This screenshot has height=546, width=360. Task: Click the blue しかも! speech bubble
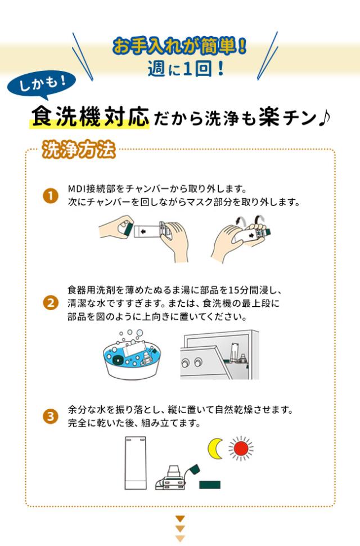[42, 84]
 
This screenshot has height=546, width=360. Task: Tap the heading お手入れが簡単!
[180, 46]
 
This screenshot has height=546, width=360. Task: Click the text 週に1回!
[186, 68]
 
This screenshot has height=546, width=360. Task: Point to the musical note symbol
[323, 118]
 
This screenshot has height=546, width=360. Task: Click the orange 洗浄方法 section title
[79, 150]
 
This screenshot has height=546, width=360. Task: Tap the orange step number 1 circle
[51, 196]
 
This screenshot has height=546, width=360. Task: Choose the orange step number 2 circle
[51, 303]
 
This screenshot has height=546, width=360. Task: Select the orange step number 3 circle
[51, 416]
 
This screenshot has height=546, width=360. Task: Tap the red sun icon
[241, 449]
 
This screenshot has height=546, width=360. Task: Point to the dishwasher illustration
[219, 355]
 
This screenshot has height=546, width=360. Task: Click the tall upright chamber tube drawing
[136, 463]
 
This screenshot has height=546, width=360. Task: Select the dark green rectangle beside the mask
[210, 485]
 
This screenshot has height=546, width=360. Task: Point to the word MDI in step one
[77, 189]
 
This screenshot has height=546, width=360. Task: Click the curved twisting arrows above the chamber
[249, 220]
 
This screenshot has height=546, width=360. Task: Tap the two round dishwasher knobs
[192, 363]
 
